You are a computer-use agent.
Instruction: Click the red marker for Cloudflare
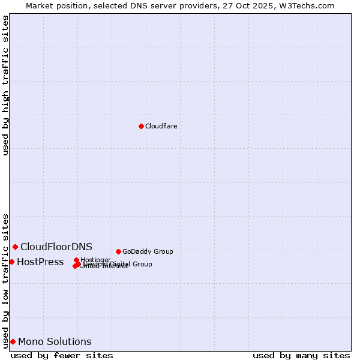(141, 126)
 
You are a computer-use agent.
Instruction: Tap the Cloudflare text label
(161, 126)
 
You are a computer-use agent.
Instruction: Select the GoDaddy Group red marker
(118, 251)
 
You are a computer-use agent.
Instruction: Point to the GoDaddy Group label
(148, 251)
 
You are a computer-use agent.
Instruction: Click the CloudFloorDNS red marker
(15, 247)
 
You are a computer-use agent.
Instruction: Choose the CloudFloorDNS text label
(56, 247)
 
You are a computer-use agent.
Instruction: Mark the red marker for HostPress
(11, 262)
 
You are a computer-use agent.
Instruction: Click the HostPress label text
(40, 262)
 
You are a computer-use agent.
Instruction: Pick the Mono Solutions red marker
(13, 341)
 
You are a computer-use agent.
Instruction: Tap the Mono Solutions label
(55, 341)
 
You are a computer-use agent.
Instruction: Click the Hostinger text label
(95, 260)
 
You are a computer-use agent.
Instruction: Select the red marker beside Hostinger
(76, 260)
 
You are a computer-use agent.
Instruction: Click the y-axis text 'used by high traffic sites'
(6, 85)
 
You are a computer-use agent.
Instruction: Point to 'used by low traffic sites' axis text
(6, 280)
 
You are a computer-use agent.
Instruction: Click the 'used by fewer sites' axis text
(62, 355)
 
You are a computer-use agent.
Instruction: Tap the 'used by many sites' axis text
(301, 355)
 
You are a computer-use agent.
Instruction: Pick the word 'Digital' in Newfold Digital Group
(119, 264)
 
